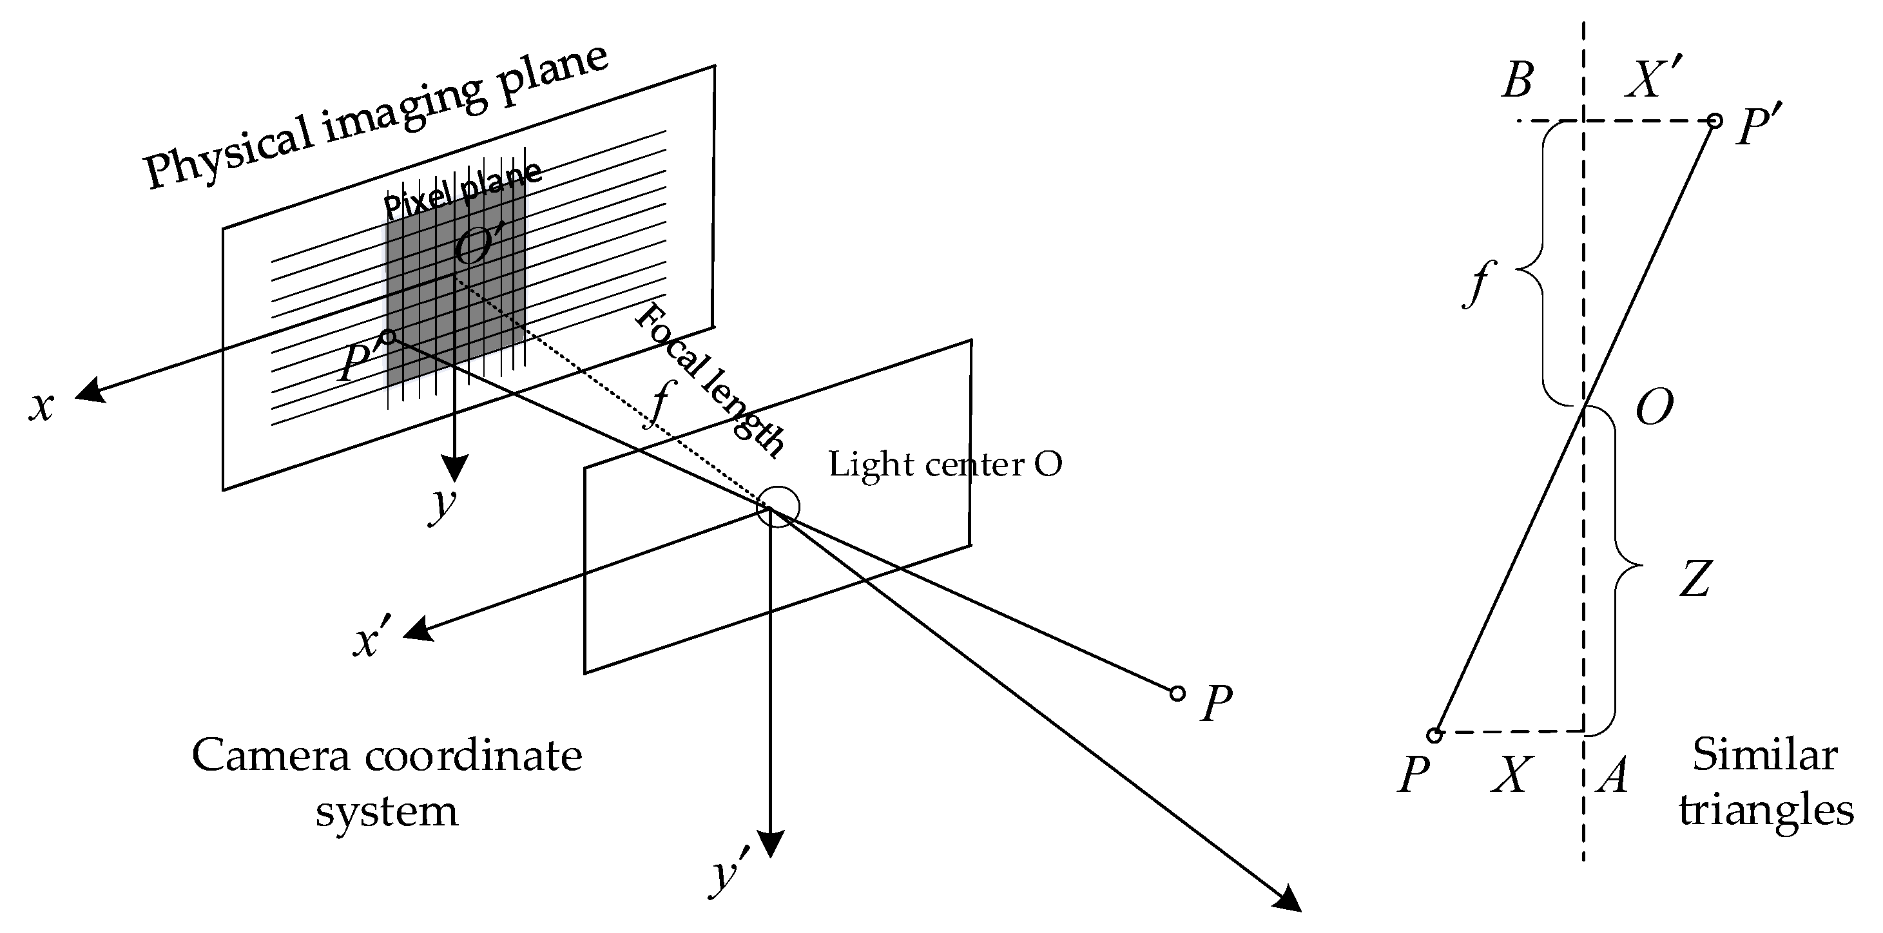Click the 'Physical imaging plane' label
[376, 117]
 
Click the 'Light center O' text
[945, 465]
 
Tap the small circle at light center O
[778, 506]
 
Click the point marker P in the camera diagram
[1177, 693]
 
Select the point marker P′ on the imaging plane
[388, 337]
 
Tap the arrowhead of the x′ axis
[418, 629]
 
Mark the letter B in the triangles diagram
[1518, 81]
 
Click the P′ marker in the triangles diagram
[1714, 120]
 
